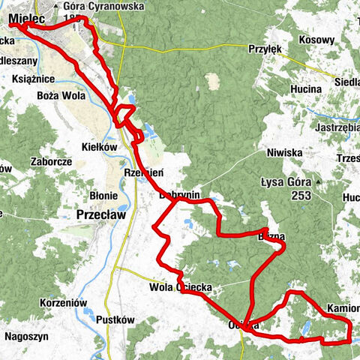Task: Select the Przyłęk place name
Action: click(264, 49)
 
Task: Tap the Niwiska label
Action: click(284, 152)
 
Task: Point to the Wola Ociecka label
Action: click(181, 287)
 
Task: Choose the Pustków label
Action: click(115, 319)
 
